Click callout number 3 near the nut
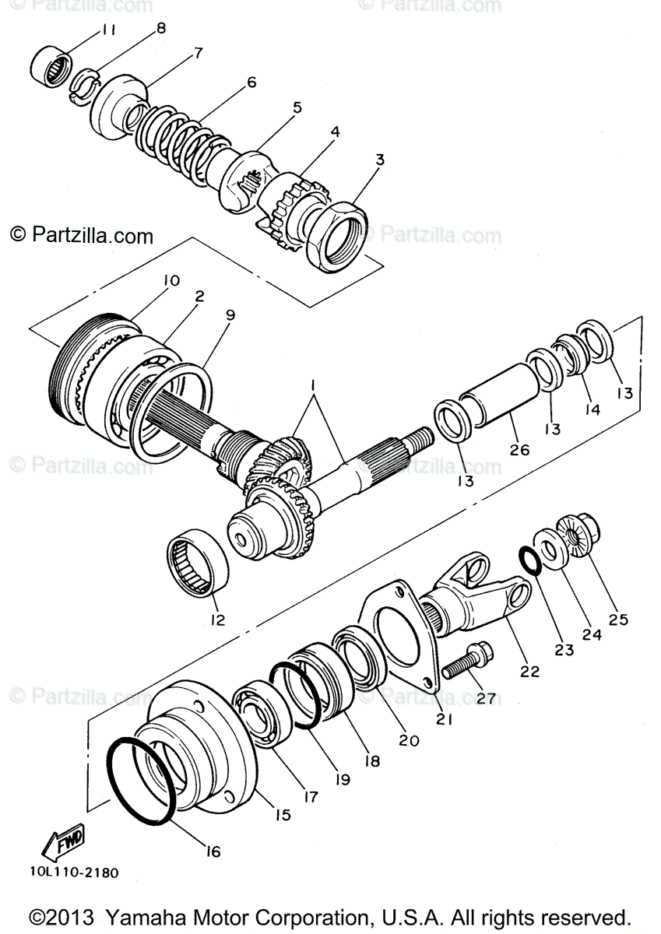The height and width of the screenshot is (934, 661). pos(379,160)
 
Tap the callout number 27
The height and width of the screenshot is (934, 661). pos(486,698)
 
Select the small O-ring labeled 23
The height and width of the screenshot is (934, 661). pos(530,560)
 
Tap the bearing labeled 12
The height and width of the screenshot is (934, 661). pos(200,562)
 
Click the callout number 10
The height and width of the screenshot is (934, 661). pos(171,279)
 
